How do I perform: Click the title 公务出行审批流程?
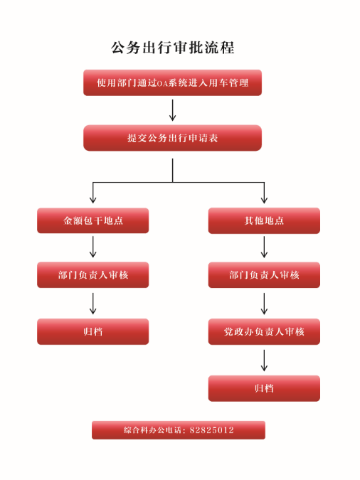(172, 48)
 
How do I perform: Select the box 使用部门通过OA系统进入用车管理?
(172, 82)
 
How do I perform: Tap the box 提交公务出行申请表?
(172, 138)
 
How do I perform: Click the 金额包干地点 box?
(92, 220)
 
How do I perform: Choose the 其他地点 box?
(264, 220)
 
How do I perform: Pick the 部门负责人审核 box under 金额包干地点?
(92, 275)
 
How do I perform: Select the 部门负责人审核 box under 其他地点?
(264, 275)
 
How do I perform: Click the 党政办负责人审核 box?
(264, 331)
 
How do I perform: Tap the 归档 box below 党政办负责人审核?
(264, 388)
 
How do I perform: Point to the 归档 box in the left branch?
(92, 331)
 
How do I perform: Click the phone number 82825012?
(212, 430)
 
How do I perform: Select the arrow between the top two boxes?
(172, 110)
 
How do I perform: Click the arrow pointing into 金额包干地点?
(92, 193)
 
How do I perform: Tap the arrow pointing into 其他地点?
(264, 193)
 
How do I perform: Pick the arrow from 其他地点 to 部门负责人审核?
(264, 247)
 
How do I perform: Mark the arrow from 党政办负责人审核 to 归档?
(264, 361)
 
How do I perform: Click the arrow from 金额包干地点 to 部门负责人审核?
(92, 247)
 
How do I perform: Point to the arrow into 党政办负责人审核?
(264, 304)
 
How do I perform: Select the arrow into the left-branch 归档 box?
(92, 304)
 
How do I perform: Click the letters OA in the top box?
(163, 84)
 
